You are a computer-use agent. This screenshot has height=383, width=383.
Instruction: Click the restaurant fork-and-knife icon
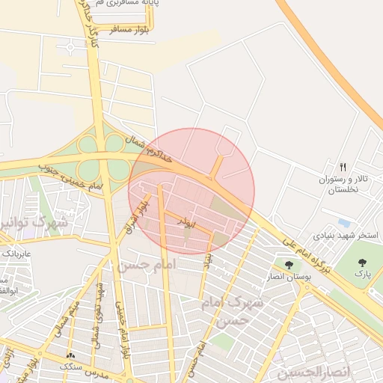tap(343, 167)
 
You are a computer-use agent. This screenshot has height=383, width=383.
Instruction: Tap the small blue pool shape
tap(343, 223)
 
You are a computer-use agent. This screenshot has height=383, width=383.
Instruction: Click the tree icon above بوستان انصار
tap(288, 264)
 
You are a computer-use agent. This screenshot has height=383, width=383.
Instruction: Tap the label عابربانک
tap(16, 254)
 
